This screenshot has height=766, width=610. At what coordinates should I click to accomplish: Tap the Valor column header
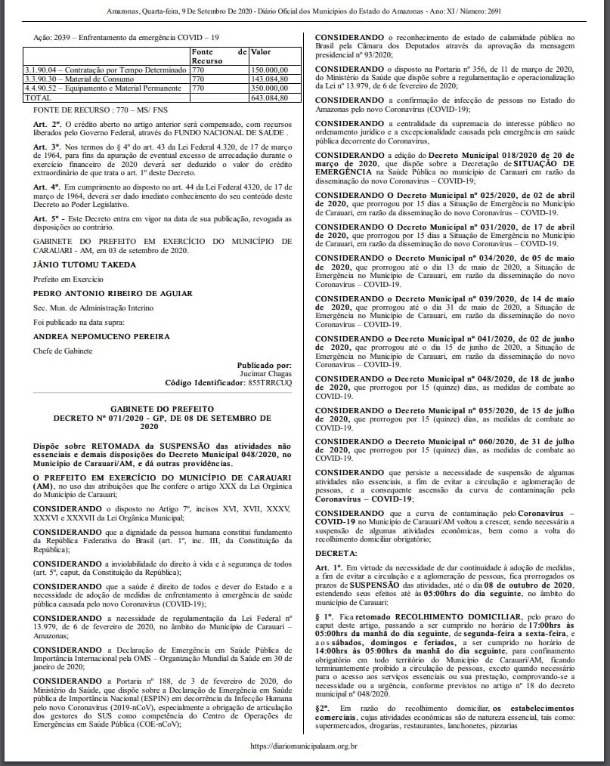click(262, 51)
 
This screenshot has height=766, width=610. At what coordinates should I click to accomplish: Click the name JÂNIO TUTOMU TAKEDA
click(85, 264)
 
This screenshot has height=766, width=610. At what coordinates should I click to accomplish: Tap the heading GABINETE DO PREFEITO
click(162, 406)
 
